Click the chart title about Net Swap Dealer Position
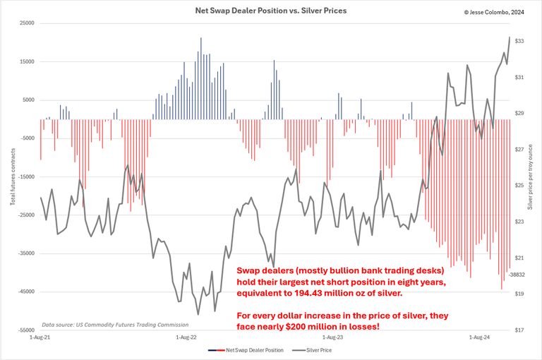click(271, 11)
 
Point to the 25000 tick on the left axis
click(26, 23)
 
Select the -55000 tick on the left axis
click(25, 330)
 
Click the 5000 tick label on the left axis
click(28, 100)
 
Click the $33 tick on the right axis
click(519, 42)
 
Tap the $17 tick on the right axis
click(519, 330)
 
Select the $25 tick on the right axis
click(519, 186)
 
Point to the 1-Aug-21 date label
click(40, 338)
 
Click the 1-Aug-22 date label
click(186, 338)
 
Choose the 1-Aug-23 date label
click(332, 338)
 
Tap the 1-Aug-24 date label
click(479, 338)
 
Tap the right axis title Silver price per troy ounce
click(531, 176)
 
